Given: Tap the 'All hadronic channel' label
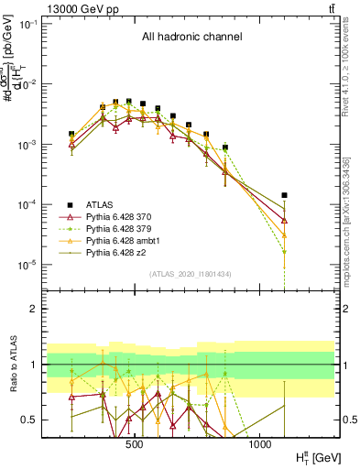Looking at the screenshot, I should coord(191,38).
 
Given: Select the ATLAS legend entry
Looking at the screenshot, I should coord(100,204).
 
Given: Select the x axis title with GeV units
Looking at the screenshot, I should coord(311,455).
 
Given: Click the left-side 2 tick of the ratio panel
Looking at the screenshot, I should coord(45,310).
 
